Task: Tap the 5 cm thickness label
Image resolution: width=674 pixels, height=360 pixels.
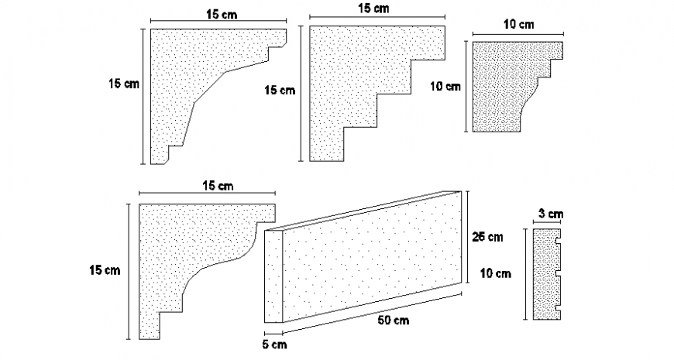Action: [x=275, y=345]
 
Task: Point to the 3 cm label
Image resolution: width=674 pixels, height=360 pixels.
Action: [x=550, y=214]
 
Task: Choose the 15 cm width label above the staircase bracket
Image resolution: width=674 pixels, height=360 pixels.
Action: [x=374, y=9]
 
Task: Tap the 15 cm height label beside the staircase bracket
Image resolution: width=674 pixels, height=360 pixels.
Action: [x=280, y=91]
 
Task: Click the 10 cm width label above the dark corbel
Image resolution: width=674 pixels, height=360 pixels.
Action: [x=518, y=25]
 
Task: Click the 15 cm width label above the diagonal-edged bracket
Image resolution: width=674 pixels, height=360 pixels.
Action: [x=218, y=14]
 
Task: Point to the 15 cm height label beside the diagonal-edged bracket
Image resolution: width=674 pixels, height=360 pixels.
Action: [x=124, y=84]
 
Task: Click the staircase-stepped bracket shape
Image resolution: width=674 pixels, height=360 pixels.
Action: [x=349, y=85]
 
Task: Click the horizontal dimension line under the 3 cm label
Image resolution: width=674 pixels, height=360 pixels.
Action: [x=548, y=223]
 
